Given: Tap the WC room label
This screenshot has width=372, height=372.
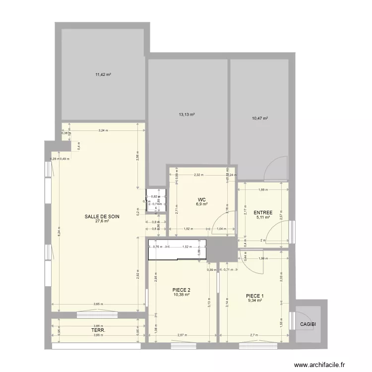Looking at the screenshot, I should pyautogui.click(x=201, y=199).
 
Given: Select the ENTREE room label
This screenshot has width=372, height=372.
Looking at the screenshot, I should pyautogui.click(x=263, y=212).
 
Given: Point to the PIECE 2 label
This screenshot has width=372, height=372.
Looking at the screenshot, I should pyautogui.click(x=182, y=290).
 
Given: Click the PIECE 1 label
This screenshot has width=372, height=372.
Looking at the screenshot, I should pyautogui.click(x=255, y=296).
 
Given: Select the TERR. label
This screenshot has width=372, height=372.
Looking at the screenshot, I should pyautogui.click(x=97, y=330).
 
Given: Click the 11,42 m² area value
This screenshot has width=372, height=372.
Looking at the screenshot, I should pyautogui.click(x=103, y=75).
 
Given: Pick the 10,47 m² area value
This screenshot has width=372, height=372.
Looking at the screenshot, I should pyautogui.click(x=259, y=119).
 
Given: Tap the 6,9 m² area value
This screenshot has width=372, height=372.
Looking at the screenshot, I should pyautogui.click(x=201, y=204).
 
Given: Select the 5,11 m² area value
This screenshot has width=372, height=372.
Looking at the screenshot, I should pyautogui.click(x=263, y=217).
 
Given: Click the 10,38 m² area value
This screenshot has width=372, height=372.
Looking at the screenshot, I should pyautogui.click(x=182, y=295).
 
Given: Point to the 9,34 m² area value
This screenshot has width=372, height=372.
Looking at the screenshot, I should pyautogui.click(x=255, y=301).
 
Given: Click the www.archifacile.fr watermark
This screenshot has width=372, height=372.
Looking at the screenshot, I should pyautogui.click(x=319, y=364).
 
